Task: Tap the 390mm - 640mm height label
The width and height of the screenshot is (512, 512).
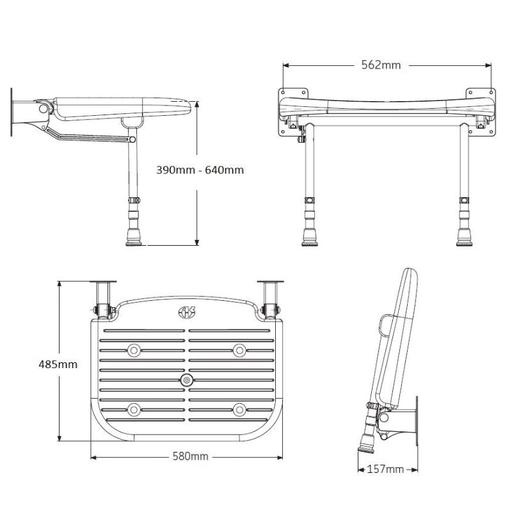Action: point(200,170)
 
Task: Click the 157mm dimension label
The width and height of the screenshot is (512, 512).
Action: point(385,469)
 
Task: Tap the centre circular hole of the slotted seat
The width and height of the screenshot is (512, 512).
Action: point(187,380)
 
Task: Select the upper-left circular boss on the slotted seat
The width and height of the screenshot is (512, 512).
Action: point(134,349)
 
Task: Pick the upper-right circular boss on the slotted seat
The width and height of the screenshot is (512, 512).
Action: point(239,349)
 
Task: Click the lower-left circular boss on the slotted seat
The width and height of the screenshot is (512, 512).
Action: point(134,408)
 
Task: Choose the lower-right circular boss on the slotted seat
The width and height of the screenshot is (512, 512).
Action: point(239,408)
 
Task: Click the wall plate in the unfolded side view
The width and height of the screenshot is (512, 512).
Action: point(12,113)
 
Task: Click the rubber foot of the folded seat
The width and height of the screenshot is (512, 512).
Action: point(367,442)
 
